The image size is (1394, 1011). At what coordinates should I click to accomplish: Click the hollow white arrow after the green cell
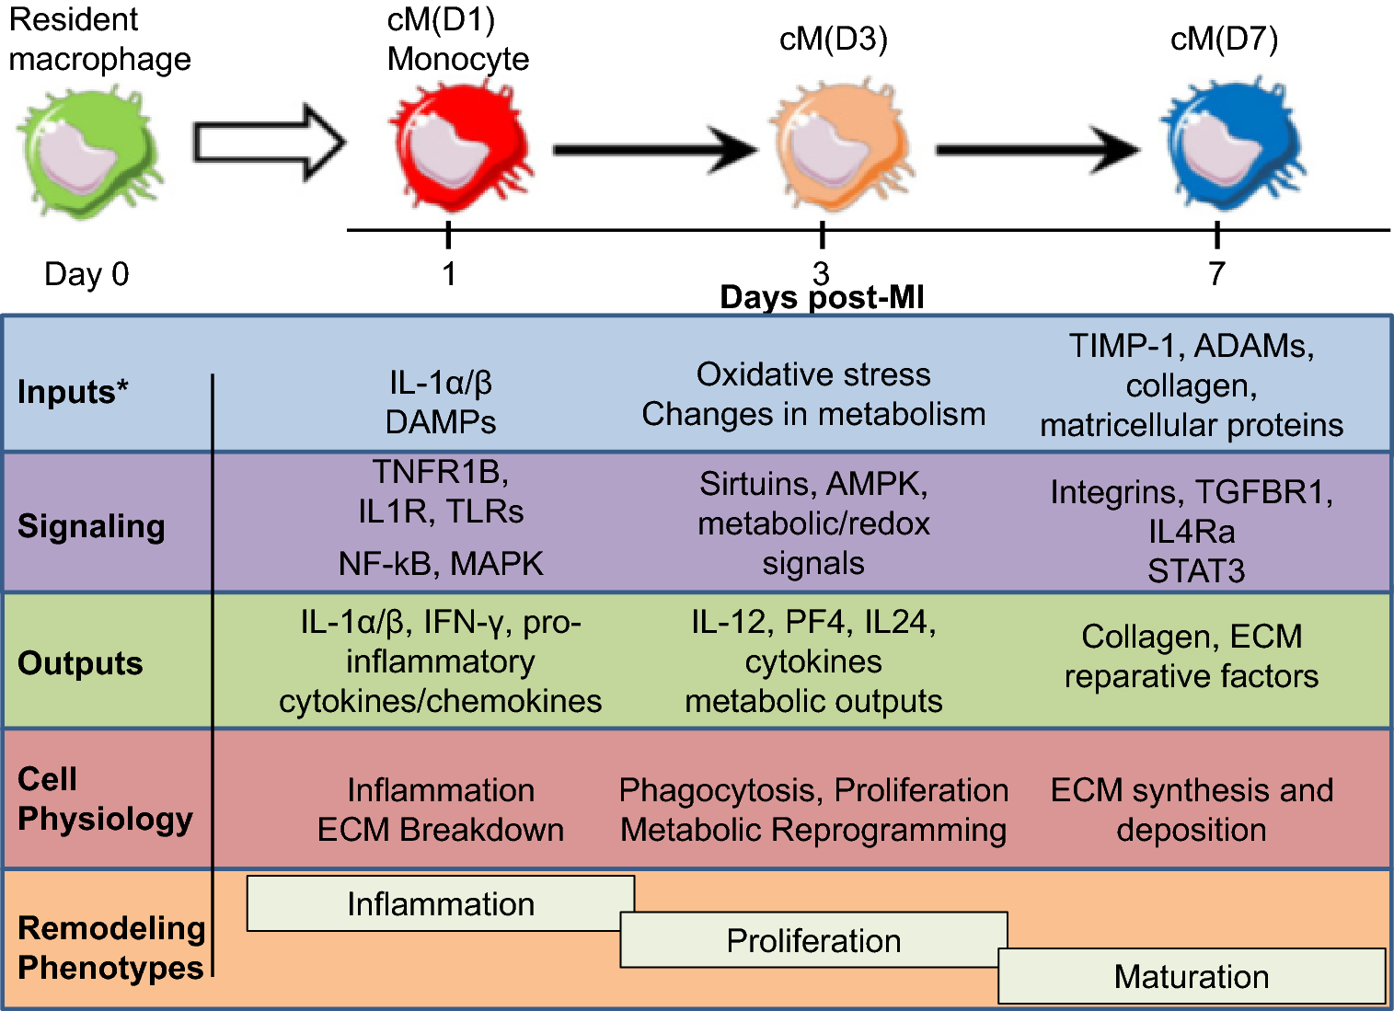point(268,144)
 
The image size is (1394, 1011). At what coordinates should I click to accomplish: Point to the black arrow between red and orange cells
point(654,149)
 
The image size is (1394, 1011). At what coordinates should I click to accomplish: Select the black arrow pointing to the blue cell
point(1037,149)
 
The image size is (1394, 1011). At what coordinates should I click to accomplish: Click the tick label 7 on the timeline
point(1216,274)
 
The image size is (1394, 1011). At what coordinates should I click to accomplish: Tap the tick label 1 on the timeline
point(449,274)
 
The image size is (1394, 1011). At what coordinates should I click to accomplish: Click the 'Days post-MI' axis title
point(822,298)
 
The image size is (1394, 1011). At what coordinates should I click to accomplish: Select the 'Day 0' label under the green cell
point(86,274)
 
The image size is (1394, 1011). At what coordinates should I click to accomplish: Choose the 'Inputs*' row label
point(73,392)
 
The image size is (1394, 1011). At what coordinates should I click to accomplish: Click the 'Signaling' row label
point(91,526)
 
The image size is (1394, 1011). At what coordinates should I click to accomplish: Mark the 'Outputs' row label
point(80,663)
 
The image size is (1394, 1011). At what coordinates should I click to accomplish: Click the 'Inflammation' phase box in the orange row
point(440,903)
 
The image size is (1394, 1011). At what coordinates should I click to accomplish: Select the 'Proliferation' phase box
point(813,940)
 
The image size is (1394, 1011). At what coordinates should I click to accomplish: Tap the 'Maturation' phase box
point(1192,976)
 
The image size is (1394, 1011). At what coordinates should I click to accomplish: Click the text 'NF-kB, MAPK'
point(441,563)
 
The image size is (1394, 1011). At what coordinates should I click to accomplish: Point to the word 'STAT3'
point(1195,571)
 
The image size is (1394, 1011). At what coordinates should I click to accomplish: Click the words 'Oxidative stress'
point(813,374)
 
